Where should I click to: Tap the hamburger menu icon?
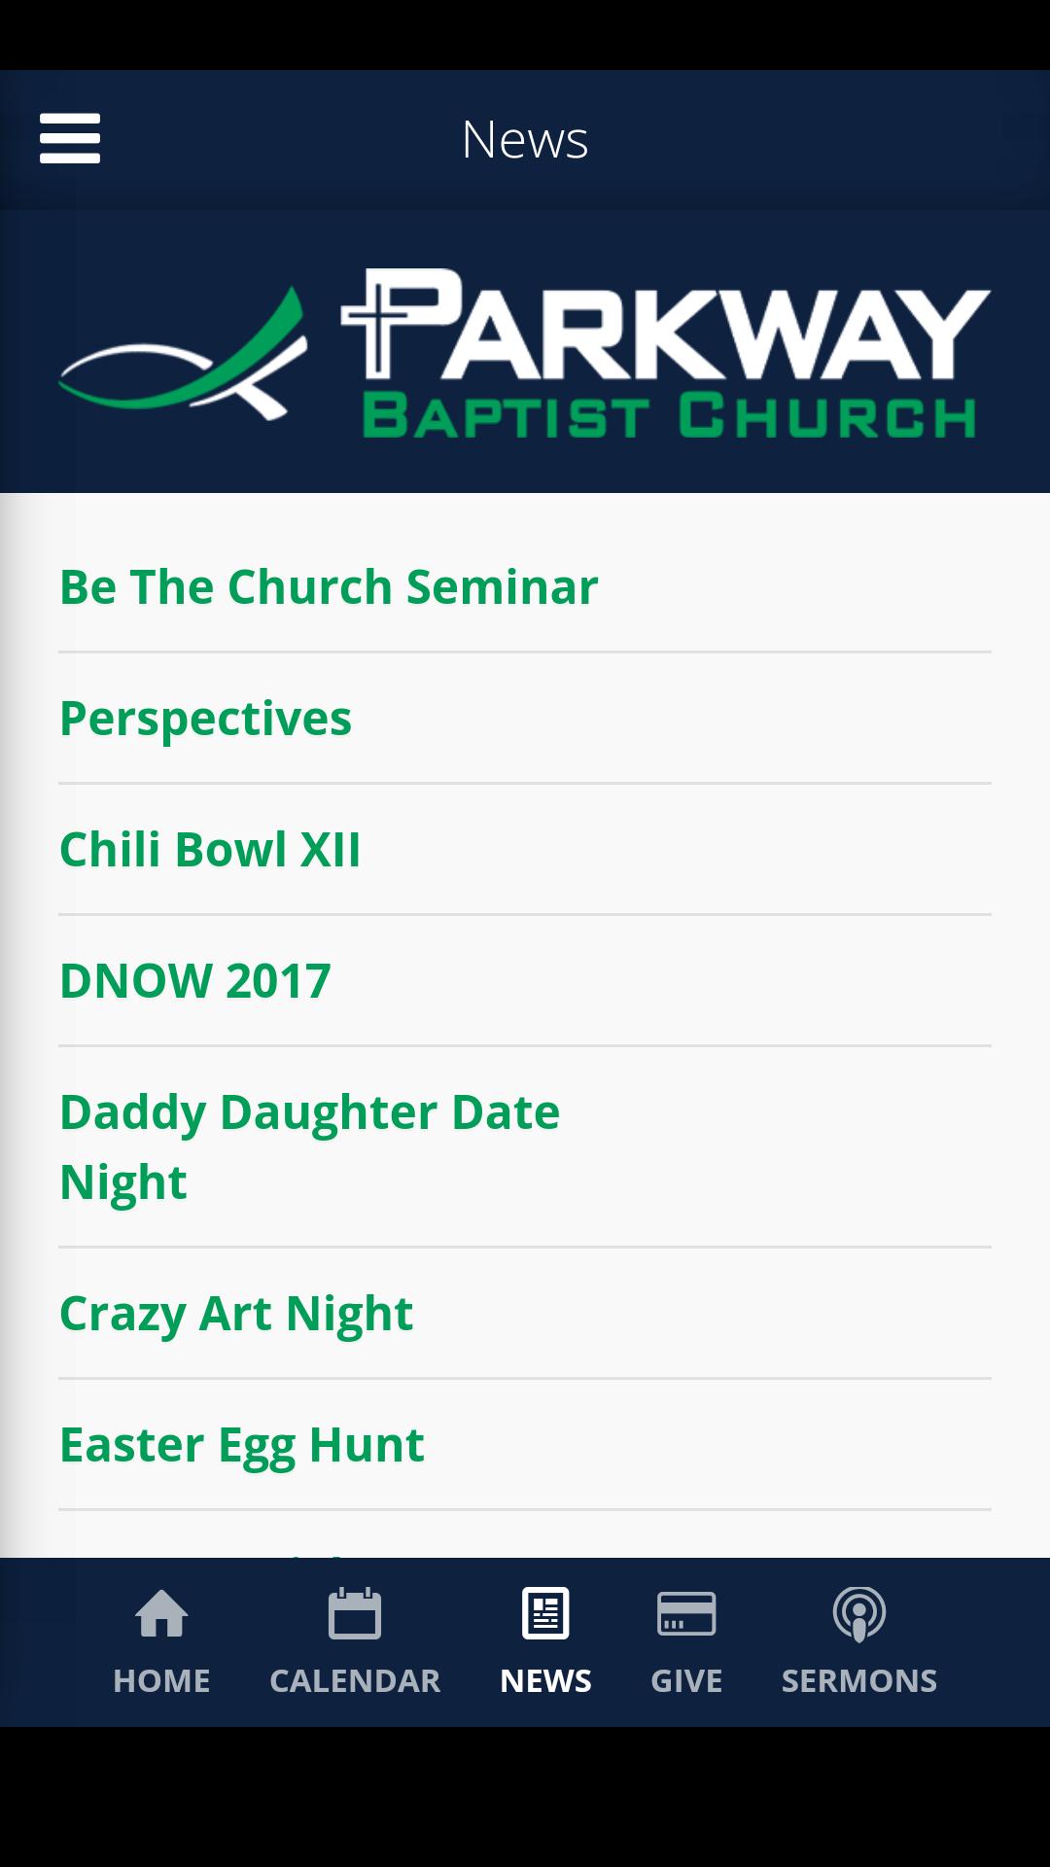coord(70,138)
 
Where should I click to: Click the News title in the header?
coord(525,139)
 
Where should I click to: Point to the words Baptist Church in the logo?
coord(670,415)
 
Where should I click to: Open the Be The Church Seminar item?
coord(329,586)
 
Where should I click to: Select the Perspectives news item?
coord(205,719)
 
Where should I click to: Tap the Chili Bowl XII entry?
coord(210,849)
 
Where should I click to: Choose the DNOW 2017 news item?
coord(195,980)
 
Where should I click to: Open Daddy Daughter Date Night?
coord(309,1146)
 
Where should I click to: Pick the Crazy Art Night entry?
coord(236,1314)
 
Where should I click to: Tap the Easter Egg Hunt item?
coord(242,1445)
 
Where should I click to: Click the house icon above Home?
coord(161,1614)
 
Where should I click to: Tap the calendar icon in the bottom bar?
coord(355,1614)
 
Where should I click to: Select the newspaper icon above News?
coord(545,1614)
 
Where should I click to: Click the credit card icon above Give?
coord(686,1614)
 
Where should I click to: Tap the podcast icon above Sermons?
coord(859,1614)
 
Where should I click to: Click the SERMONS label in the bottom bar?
coord(859,1680)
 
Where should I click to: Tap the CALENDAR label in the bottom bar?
coord(355,1680)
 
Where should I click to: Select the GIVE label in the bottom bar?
coord(686,1680)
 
